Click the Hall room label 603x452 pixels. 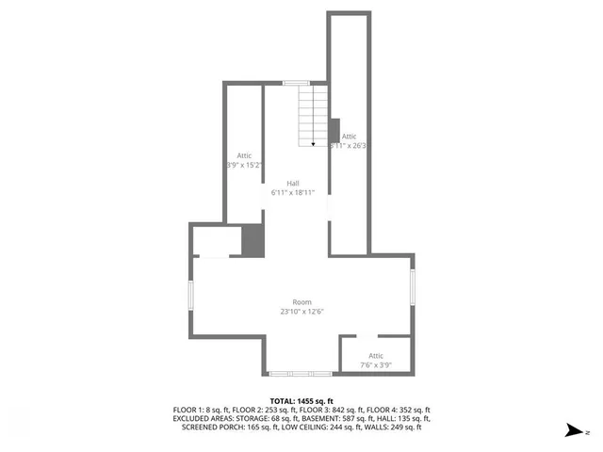point(294,183)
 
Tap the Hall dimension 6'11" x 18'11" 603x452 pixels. point(292,192)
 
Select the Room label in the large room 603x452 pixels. point(301,301)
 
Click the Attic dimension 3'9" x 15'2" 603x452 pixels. point(243,165)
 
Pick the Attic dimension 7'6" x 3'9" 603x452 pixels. point(376,364)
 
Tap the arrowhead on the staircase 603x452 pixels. point(314,144)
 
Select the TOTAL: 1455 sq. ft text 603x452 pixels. point(301,401)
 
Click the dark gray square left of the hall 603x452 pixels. point(253,240)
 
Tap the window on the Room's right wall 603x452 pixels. point(412,286)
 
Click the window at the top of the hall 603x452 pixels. point(297,83)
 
